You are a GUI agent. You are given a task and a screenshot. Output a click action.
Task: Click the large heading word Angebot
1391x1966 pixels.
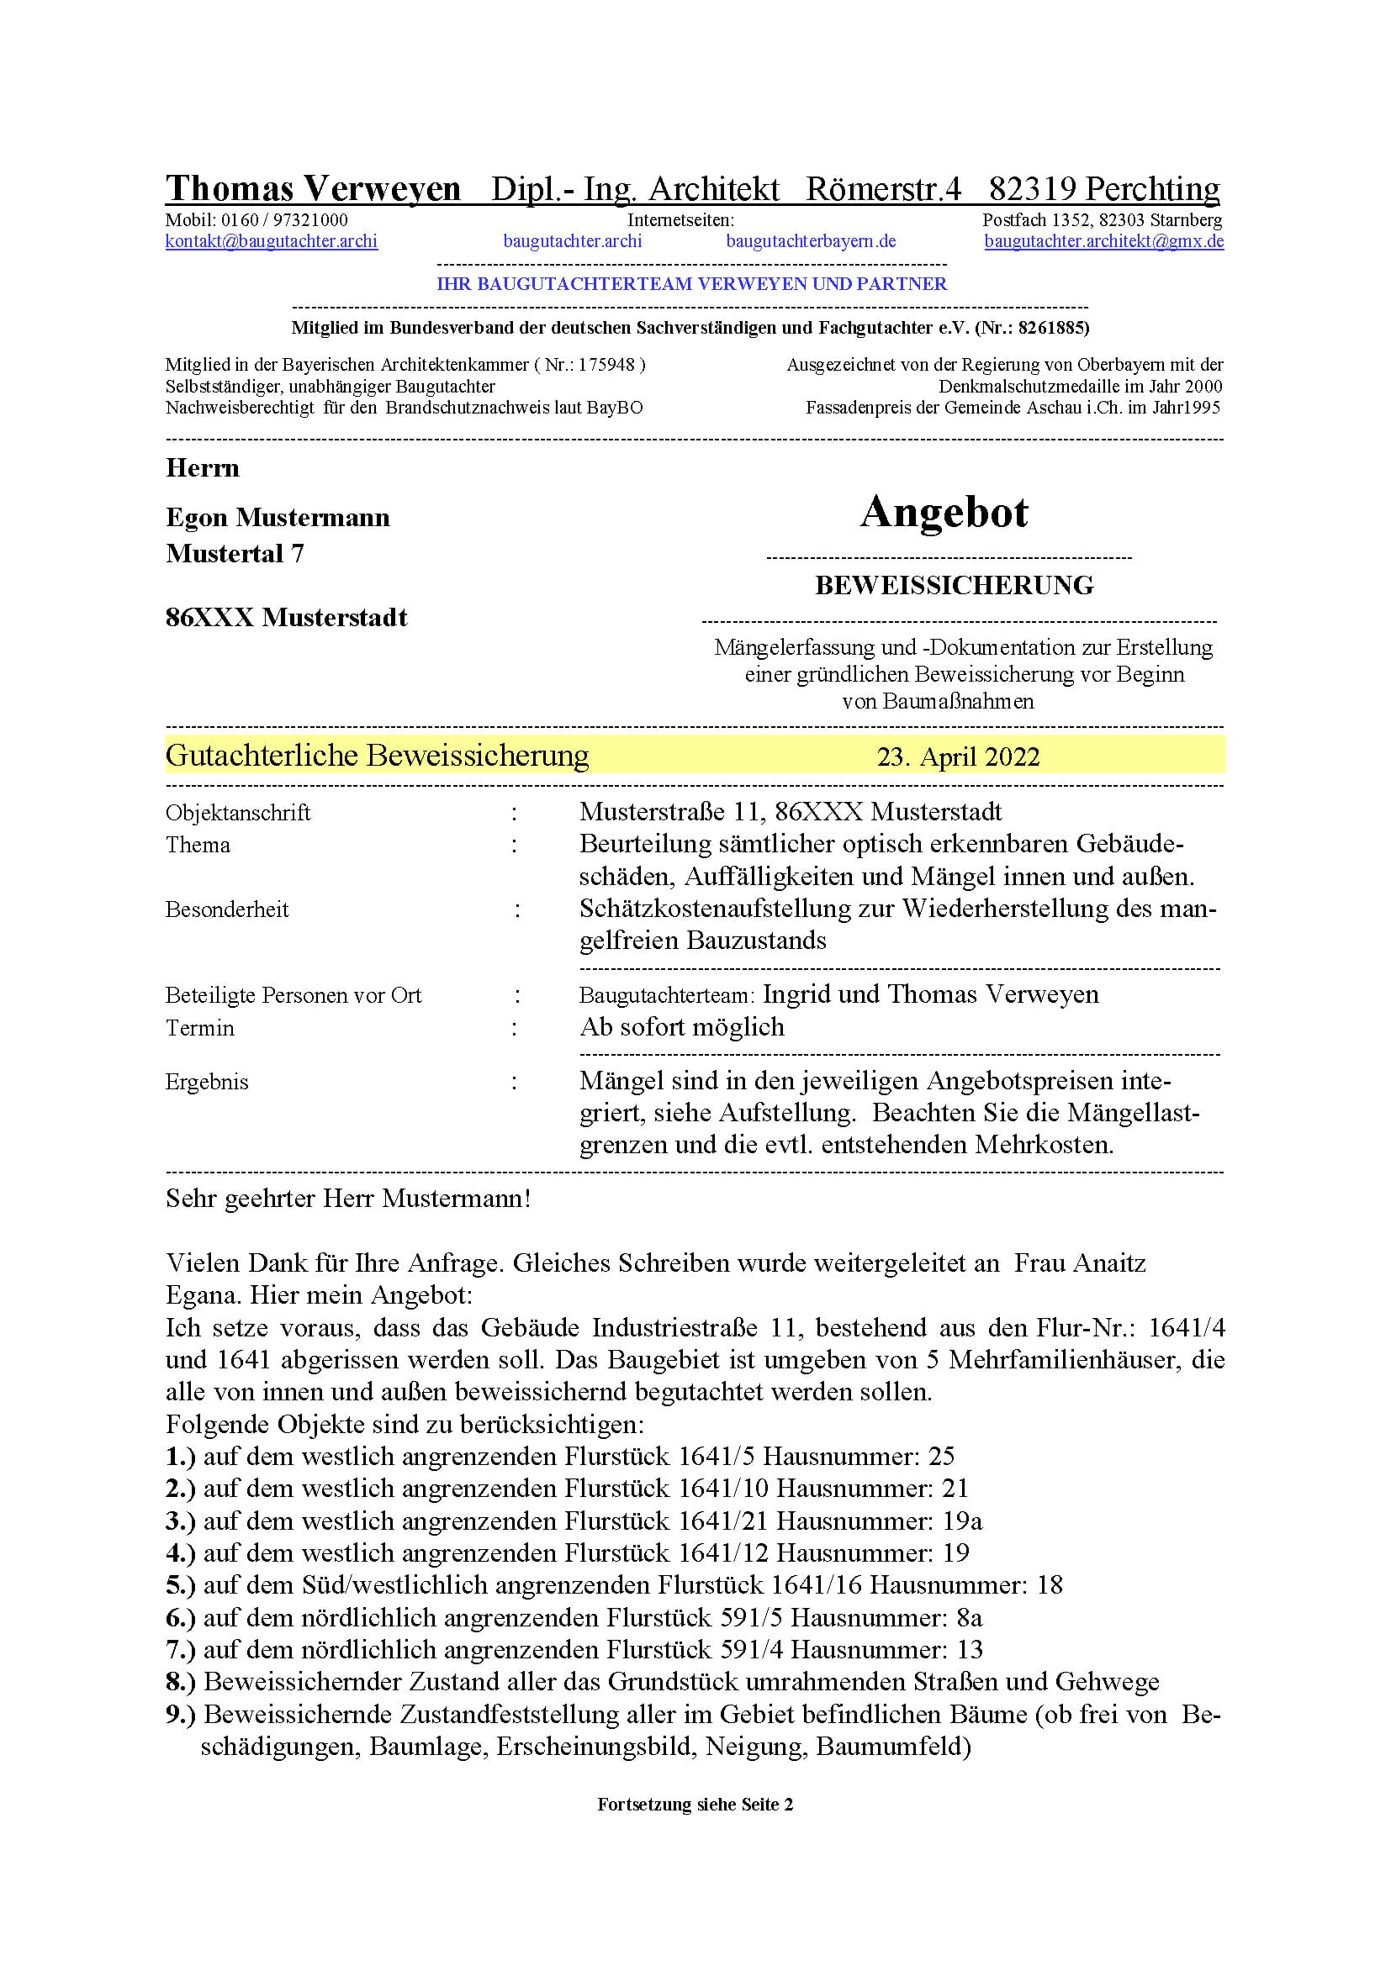coord(943,513)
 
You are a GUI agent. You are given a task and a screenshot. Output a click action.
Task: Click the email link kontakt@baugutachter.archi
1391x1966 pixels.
coord(271,241)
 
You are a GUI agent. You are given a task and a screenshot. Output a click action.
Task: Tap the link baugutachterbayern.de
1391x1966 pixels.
coord(810,241)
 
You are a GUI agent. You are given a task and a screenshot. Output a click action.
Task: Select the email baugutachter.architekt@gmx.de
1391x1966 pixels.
coord(1103,241)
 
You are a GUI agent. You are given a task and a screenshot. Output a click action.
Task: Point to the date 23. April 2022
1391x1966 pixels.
coord(958,757)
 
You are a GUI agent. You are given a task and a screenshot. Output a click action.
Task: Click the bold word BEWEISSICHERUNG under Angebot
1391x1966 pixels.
coord(954,586)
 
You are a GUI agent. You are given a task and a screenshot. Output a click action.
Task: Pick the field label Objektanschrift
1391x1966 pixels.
coord(237,813)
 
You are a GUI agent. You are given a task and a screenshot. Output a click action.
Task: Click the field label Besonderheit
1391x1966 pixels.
coord(227,909)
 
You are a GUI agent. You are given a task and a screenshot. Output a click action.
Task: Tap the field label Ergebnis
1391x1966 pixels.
coord(206,1083)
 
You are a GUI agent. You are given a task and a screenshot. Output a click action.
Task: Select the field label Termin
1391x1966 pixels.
coord(199,1028)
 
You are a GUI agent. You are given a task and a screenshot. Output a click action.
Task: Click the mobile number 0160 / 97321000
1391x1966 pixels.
coord(284,220)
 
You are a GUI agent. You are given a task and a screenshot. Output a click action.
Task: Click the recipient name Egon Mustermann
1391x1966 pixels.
coord(278,518)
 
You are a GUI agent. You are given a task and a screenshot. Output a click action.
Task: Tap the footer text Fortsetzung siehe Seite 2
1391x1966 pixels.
coord(695,1805)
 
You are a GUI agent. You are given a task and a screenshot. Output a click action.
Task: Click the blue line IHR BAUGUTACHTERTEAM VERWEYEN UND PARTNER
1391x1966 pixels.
coord(691,284)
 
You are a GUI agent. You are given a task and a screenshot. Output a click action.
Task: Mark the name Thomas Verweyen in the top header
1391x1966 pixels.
coord(313,188)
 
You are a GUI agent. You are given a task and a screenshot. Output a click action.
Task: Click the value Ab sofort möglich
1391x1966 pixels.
coord(681,1027)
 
